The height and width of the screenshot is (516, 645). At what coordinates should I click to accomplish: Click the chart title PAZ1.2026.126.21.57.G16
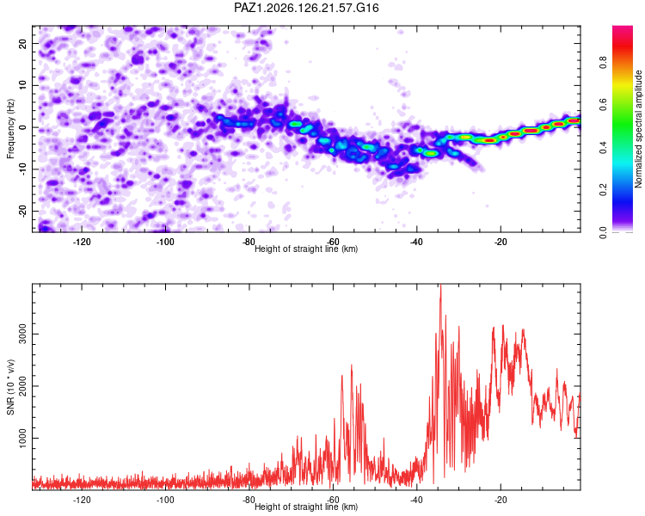tap(306, 8)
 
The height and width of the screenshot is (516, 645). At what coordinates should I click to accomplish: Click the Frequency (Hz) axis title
tap(10, 129)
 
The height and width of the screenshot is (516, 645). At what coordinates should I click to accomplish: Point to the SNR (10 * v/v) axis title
tap(10, 387)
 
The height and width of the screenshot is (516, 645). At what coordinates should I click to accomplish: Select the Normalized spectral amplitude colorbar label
tap(638, 129)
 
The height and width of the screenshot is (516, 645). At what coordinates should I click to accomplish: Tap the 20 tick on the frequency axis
tap(22, 44)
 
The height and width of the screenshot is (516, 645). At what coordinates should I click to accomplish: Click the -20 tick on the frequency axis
tap(22, 211)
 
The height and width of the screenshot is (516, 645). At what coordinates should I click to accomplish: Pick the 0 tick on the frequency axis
tap(22, 127)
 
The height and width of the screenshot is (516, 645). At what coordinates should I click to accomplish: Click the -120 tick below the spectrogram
tap(82, 242)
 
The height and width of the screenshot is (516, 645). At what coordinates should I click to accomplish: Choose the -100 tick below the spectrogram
tap(165, 242)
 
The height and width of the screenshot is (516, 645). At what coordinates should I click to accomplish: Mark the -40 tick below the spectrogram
tap(417, 242)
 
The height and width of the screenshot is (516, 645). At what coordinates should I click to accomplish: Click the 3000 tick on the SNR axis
tap(22, 335)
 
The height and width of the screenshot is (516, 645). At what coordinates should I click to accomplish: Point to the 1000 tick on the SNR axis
tap(22, 438)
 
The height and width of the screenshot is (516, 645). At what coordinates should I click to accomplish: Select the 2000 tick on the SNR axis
tap(22, 386)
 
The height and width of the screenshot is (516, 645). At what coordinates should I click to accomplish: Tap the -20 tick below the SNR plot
tap(501, 500)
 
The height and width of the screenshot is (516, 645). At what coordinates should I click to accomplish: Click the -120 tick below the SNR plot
tap(82, 500)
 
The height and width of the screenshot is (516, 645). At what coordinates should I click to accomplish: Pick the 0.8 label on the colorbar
tap(603, 63)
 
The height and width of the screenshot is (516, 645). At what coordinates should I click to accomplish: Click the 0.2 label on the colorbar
tap(603, 190)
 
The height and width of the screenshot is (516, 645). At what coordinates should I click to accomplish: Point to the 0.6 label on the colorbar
tap(603, 105)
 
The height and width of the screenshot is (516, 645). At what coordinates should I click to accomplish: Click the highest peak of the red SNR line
tap(440, 285)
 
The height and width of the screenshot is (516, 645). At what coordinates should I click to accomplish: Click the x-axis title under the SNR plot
tap(306, 507)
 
